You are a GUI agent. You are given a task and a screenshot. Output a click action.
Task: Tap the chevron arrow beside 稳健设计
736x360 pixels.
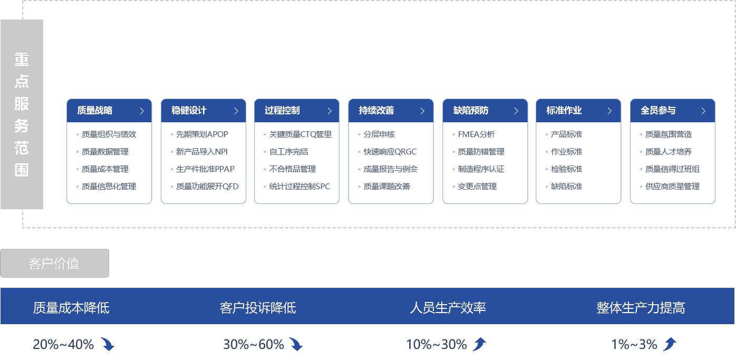[x=236, y=111]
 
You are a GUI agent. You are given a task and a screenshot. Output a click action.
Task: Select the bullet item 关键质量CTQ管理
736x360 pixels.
[x=300, y=134]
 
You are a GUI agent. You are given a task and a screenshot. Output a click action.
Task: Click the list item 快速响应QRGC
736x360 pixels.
[x=390, y=152]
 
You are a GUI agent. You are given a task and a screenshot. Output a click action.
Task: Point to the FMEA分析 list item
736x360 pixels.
[x=476, y=134]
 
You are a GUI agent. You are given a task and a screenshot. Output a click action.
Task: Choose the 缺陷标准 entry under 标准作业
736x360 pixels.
[x=566, y=187]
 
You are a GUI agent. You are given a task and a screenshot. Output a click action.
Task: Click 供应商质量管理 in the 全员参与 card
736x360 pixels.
[x=672, y=187]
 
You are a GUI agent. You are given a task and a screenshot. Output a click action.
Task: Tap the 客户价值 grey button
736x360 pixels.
[x=54, y=263]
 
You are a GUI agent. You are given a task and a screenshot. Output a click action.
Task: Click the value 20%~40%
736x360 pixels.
[x=63, y=345]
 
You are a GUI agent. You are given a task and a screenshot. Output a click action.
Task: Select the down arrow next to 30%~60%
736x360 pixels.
[x=296, y=345]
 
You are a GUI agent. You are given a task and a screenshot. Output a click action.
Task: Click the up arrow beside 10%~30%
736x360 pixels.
[x=479, y=345]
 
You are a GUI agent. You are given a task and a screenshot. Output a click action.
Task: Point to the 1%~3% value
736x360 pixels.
[x=634, y=345]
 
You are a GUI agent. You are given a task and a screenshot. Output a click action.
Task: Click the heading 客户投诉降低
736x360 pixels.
[x=258, y=308]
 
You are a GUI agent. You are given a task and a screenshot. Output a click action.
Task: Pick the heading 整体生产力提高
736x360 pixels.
[x=641, y=308]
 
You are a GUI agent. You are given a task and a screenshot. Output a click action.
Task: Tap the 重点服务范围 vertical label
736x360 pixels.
[x=22, y=114]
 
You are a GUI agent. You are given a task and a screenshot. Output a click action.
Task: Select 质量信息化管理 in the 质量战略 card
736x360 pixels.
[x=109, y=187]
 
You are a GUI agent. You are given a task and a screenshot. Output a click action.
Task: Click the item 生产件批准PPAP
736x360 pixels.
[x=205, y=169]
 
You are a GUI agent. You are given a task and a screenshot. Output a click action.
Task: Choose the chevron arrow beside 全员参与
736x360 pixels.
[x=703, y=111]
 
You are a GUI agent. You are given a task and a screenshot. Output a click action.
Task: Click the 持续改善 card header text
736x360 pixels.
[x=376, y=111]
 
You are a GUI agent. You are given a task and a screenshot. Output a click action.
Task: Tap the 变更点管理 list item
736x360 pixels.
[x=477, y=187]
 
